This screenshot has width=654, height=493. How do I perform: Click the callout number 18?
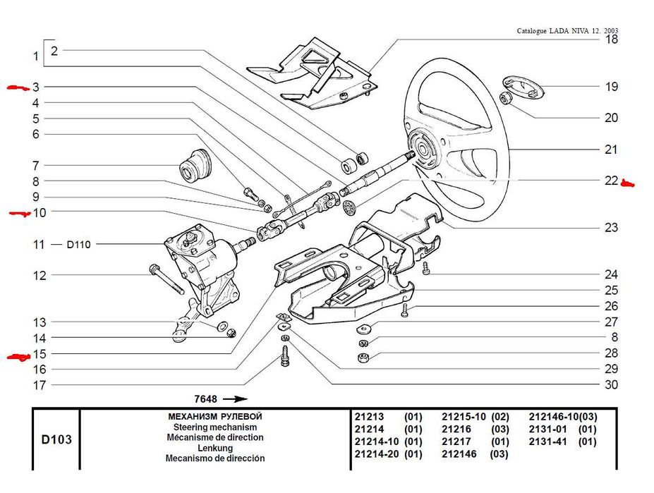point(611,39)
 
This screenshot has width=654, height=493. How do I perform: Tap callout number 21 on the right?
point(611,150)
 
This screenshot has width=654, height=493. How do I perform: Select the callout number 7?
point(35,166)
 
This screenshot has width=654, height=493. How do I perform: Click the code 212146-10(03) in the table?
point(563,417)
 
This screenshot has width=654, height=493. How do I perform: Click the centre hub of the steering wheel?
point(425,150)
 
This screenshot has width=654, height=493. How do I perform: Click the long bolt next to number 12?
point(166,279)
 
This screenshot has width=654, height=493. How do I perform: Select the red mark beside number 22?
point(628,184)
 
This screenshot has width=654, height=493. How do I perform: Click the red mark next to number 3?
point(15,87)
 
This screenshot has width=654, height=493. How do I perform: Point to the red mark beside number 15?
point(16,357)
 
